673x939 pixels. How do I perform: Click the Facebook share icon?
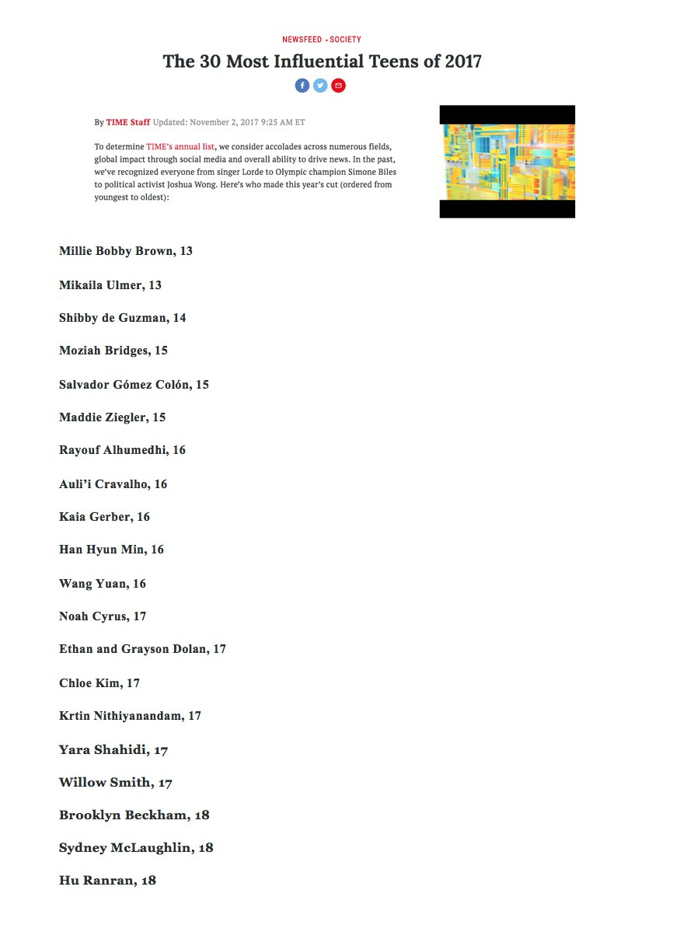(302, 86)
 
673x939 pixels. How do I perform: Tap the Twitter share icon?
(320, 86)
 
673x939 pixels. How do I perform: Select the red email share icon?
(338, 86)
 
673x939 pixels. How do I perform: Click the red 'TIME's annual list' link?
(180, 147)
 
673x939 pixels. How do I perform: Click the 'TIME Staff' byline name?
(128, 122)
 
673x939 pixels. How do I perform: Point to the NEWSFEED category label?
(302, 40)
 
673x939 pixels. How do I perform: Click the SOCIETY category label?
(345, 40)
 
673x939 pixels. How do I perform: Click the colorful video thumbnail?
(507, 162)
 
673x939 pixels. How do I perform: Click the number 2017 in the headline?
(463, 61)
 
